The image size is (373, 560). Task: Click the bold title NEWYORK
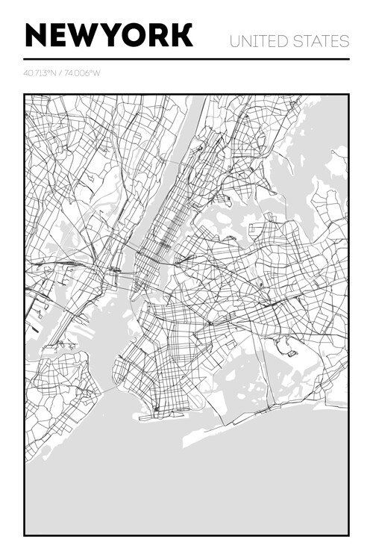(x=109, y=35)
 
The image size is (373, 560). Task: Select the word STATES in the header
(x=320, y=41)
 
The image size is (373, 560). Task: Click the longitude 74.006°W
(x=83, y=73)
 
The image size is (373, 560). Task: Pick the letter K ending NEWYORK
(x=181, y=35)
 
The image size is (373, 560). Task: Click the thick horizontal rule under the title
(x=186, y=59)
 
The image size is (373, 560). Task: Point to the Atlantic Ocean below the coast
(x=186, y=485)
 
